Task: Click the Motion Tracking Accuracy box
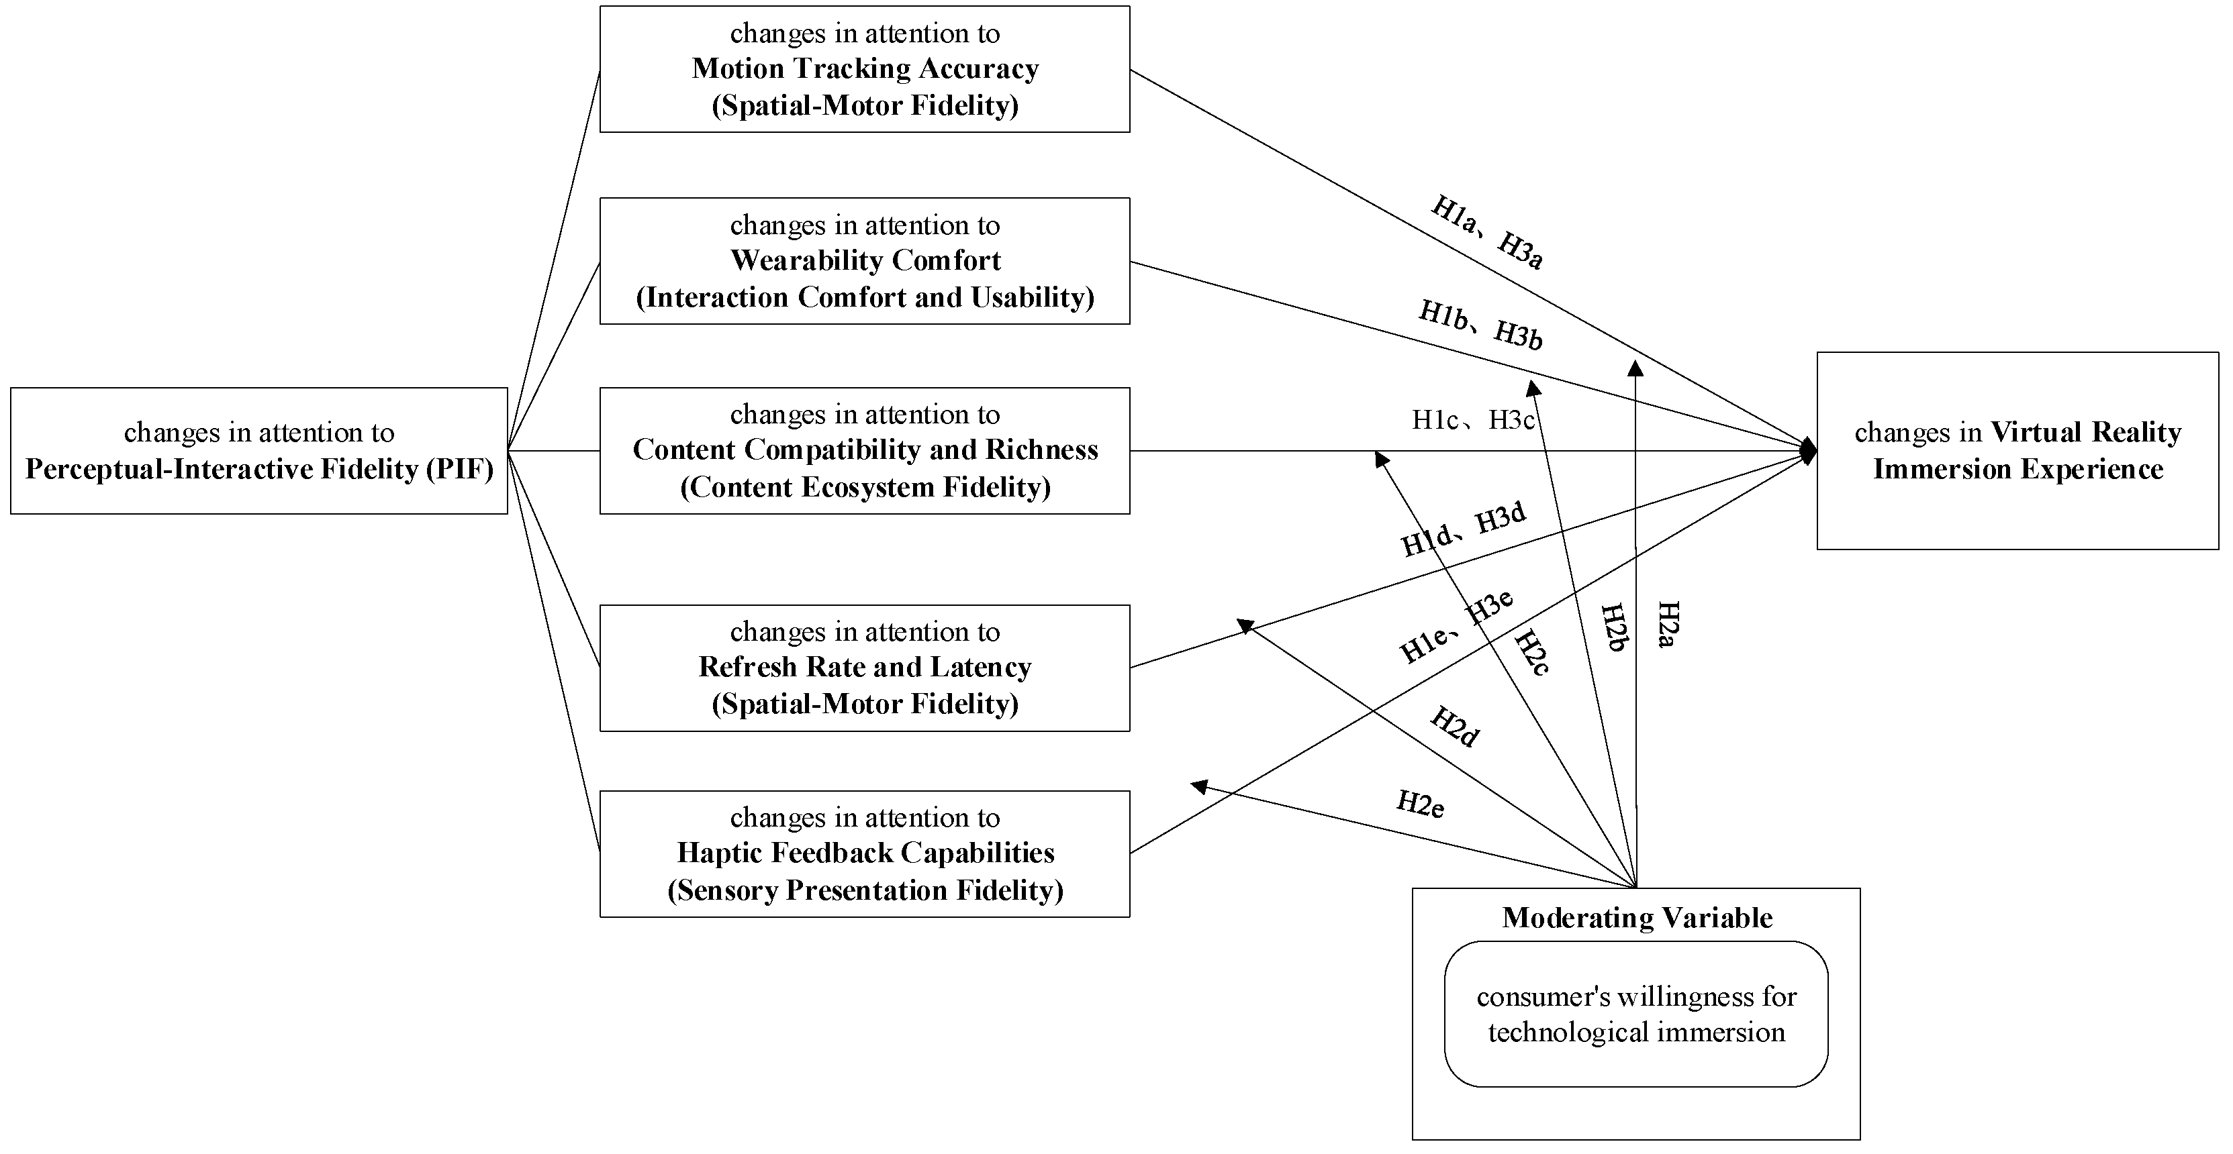click(x=864, y=69)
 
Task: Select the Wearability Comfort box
click(x=864, y=261)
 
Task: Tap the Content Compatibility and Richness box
click(x=864, y=450)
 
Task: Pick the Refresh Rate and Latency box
click(x=864, y=668)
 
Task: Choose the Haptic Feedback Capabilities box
click(x=864, y=853)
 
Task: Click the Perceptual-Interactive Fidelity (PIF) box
click(x=258, y=450)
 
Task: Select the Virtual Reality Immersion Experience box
click(x=2017, y=450)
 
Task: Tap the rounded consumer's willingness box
click(x=1635, y=1014)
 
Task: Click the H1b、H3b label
click(x=1480, y=325)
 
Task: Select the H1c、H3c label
click(x=1474, y=420)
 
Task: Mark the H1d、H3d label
click(x=1463, y=529)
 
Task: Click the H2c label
click(x=1531, y=652)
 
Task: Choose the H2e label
click(x=1420, y=804)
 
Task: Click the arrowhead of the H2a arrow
click(x=1635, y=368)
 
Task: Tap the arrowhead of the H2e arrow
click(x=1198, y=786)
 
